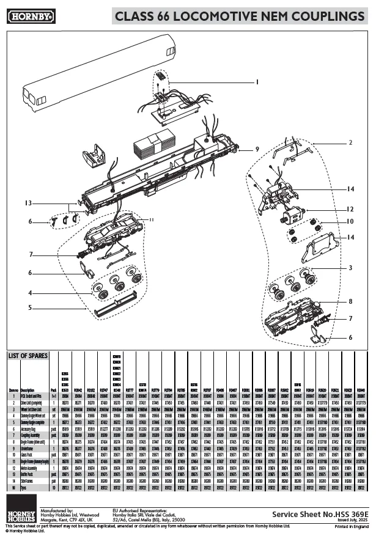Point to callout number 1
[x=257, y=81]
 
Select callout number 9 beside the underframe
[x=257, y=149]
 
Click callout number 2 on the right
[x=351, y=142]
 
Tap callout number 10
[x=350, y=221]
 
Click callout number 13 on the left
[x=28, y=203]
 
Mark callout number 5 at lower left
[x=29, y=308]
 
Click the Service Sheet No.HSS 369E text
[x=317, y=515]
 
